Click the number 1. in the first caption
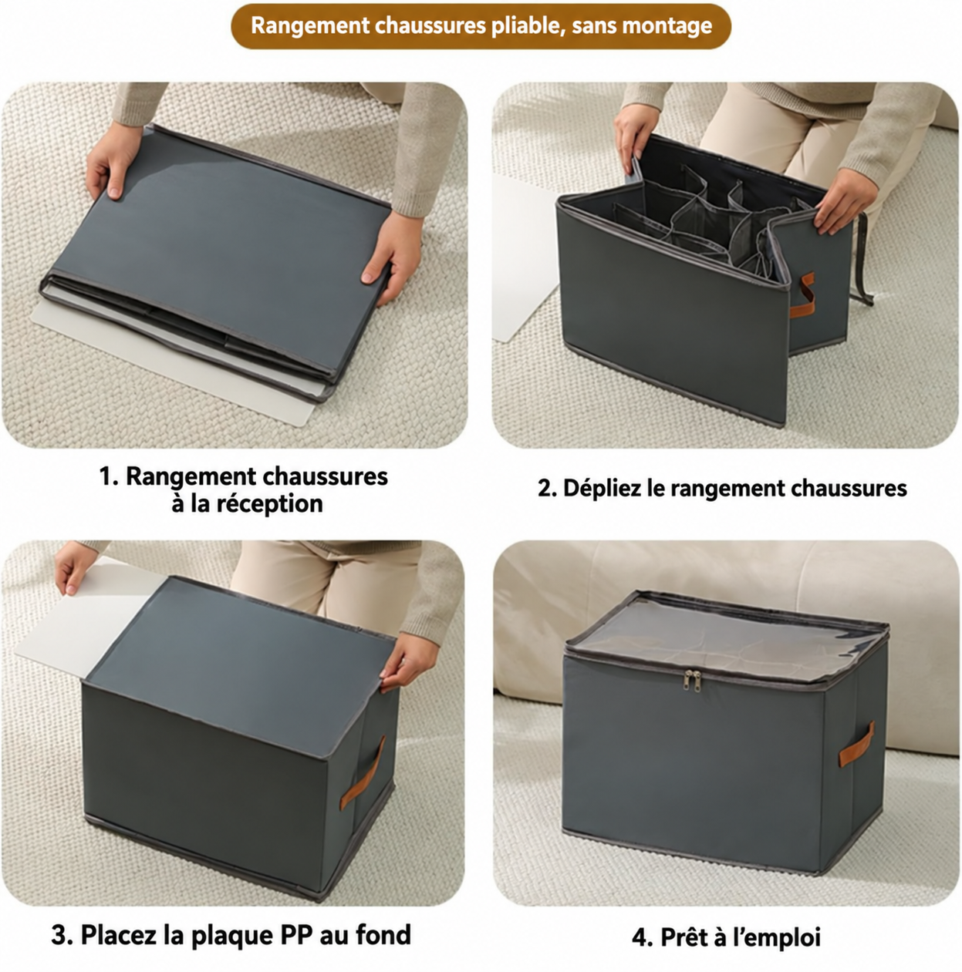point(109,476)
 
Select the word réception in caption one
point(272,503)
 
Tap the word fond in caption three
point(383,934)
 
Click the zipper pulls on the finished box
point(692,680)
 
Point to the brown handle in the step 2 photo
point(802,295)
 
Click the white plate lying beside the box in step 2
point(525,258)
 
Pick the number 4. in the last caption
point(641,938)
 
